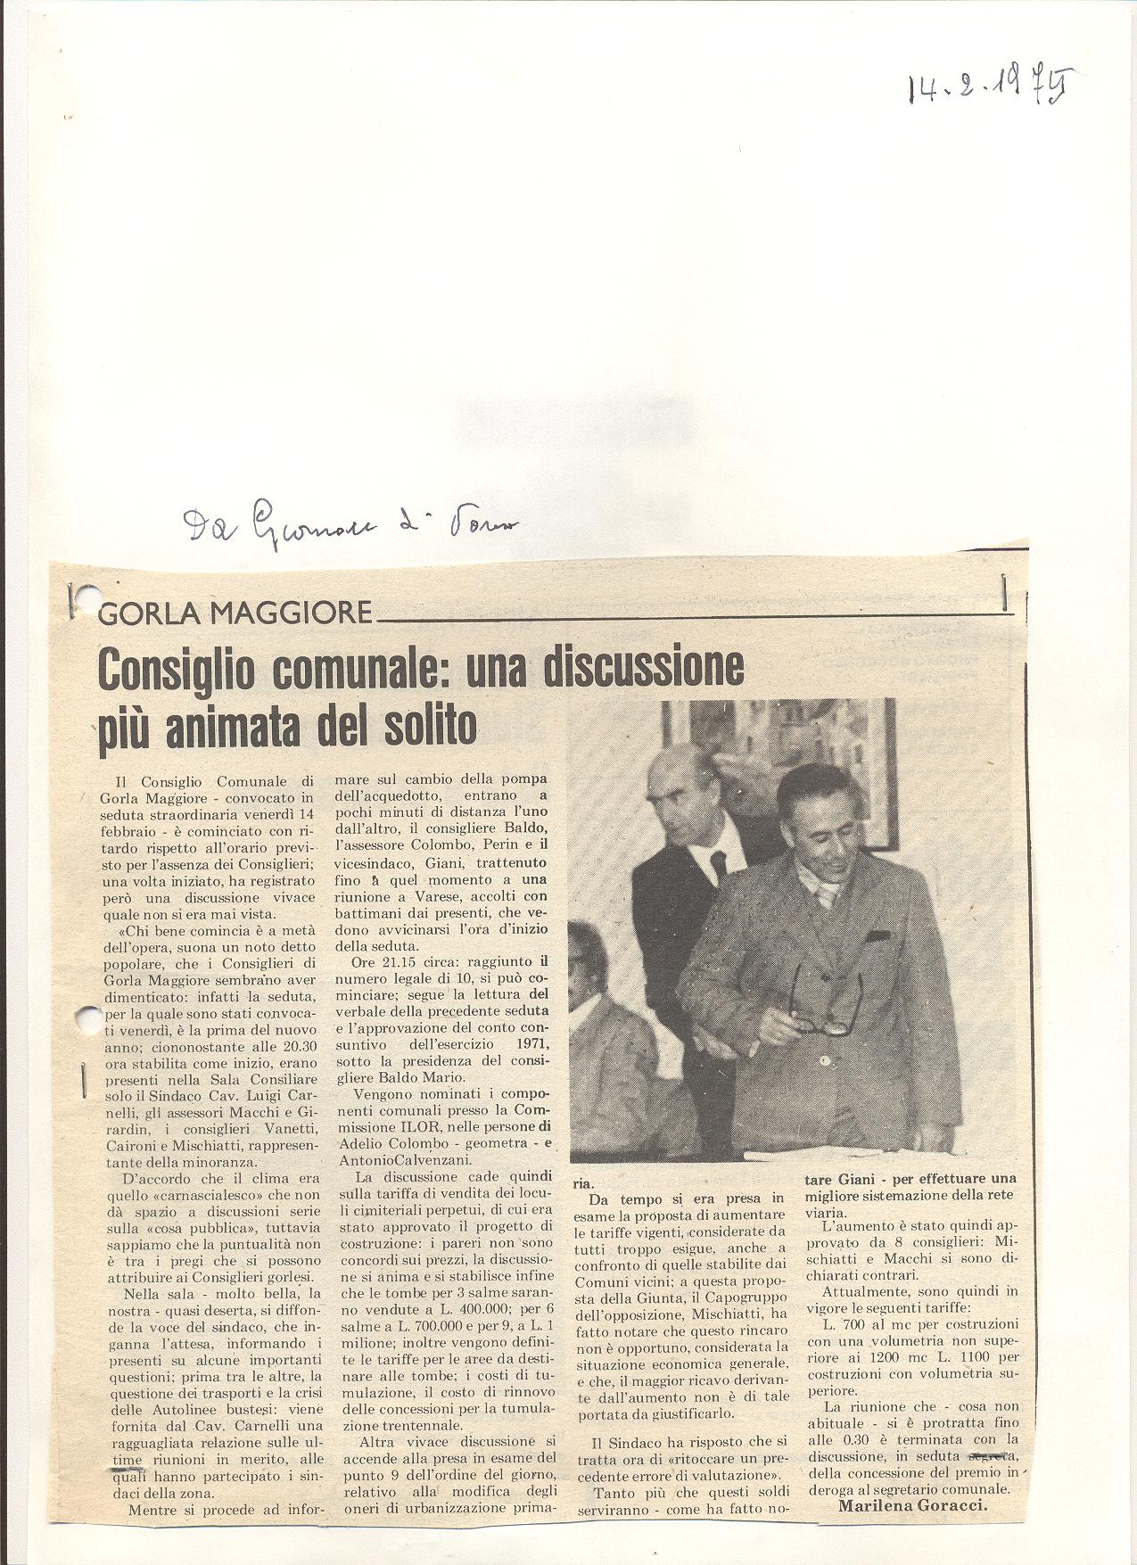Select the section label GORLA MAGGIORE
[235, 613]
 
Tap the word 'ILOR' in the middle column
[410, 1126]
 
